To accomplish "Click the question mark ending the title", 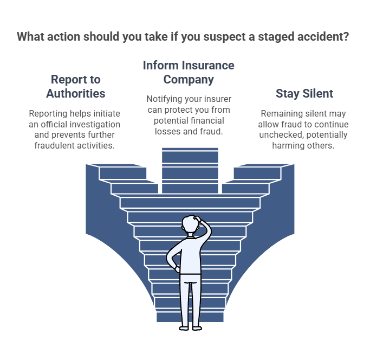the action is pos(346,37).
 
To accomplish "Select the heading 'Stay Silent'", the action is pos(304,94).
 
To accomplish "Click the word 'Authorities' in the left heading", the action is pos(75,94).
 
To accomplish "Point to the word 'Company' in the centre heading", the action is pos(189,80).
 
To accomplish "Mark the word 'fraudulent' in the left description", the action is pos(55,145).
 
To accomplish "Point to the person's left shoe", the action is pos(184,328).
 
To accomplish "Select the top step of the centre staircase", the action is pos(190,149).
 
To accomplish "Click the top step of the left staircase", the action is pos(116,165).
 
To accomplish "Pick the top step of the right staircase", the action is pos(264,165).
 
